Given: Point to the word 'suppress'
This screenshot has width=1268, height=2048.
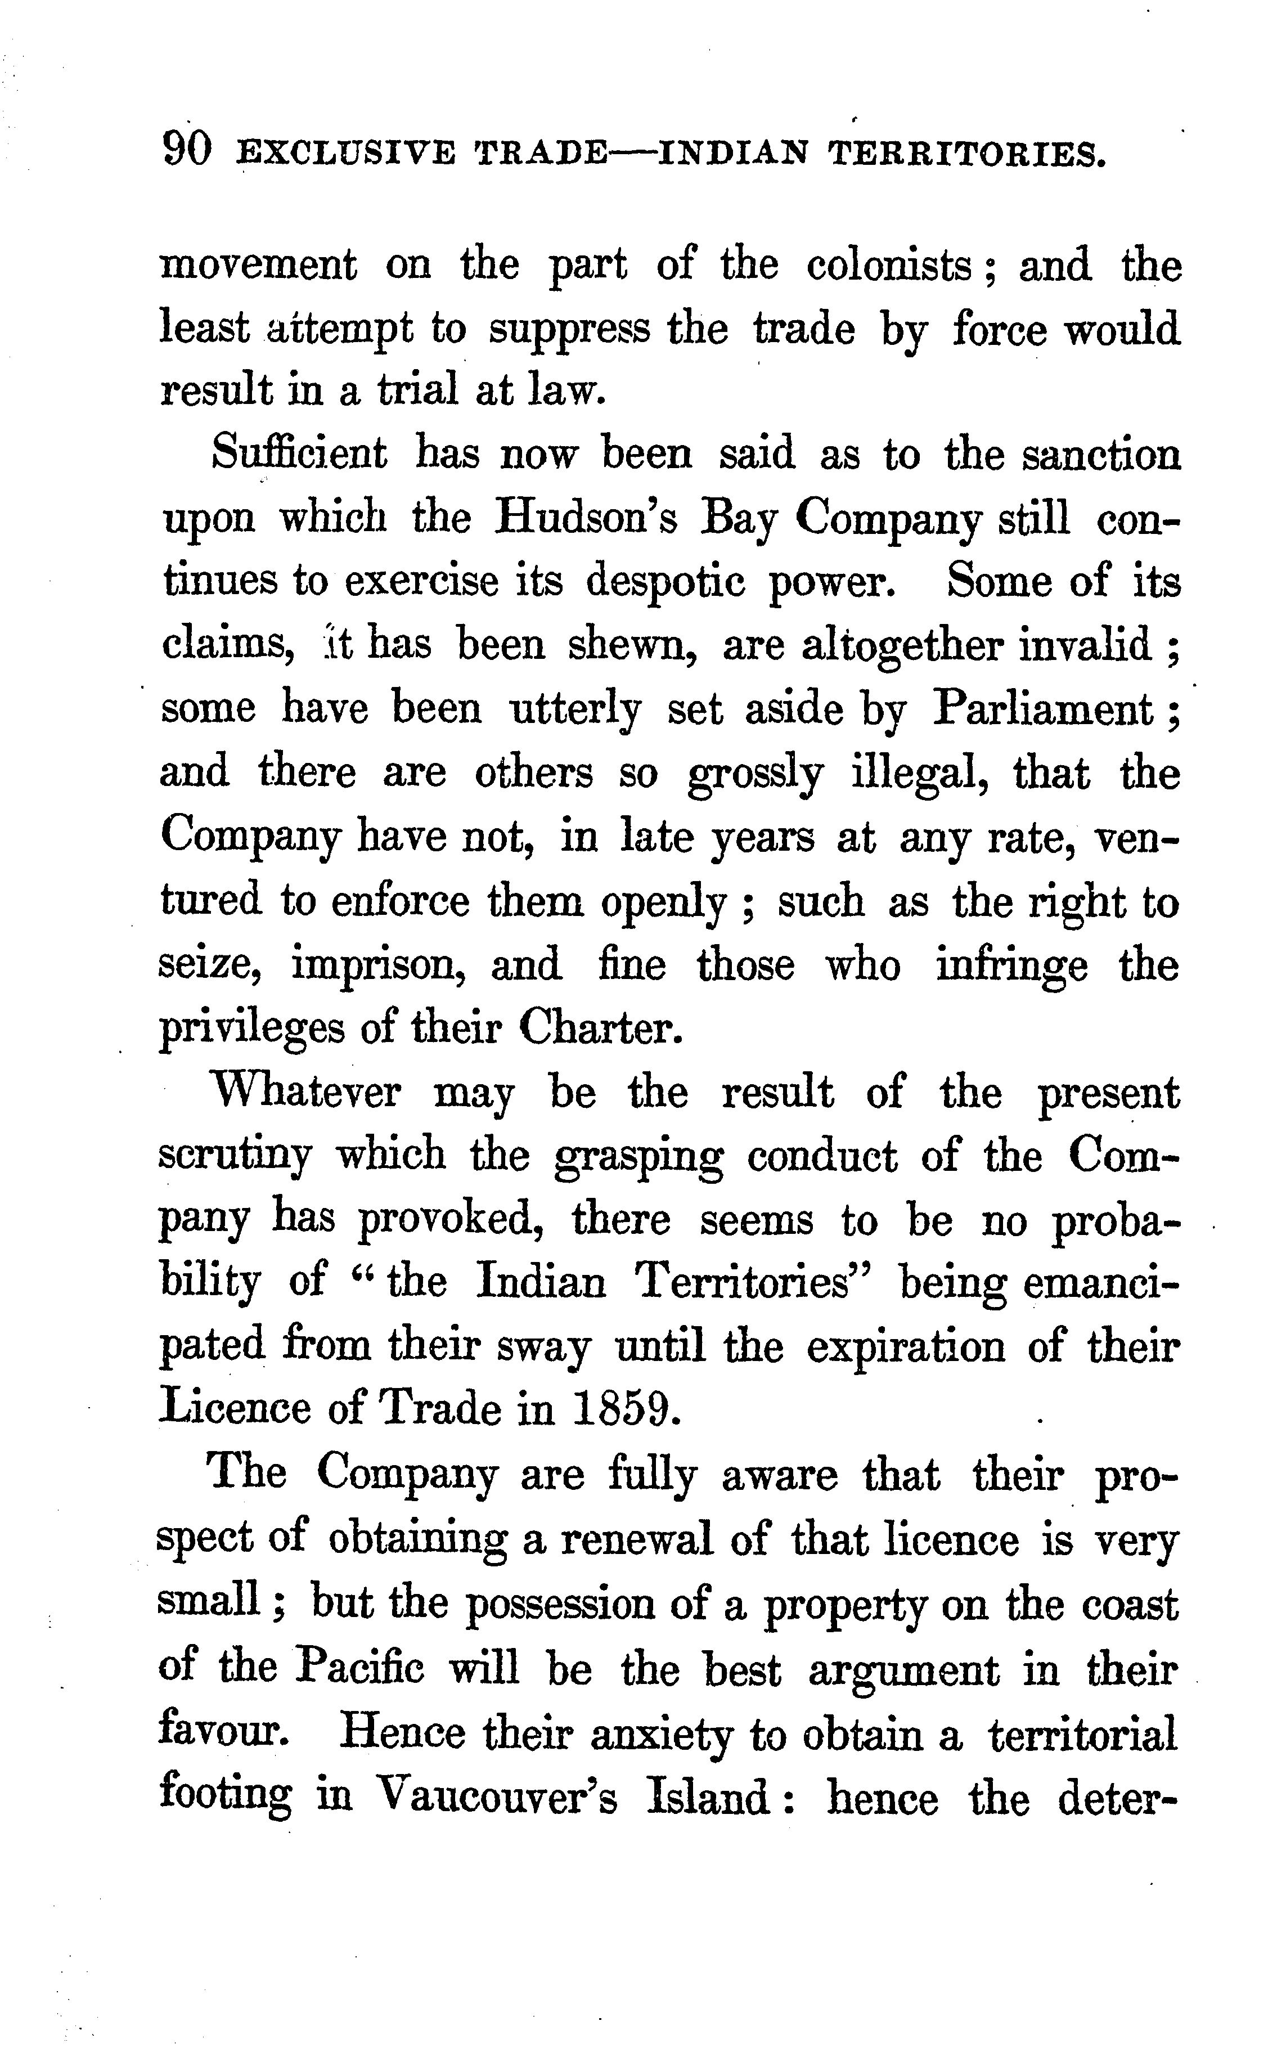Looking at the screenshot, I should [569, 330].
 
